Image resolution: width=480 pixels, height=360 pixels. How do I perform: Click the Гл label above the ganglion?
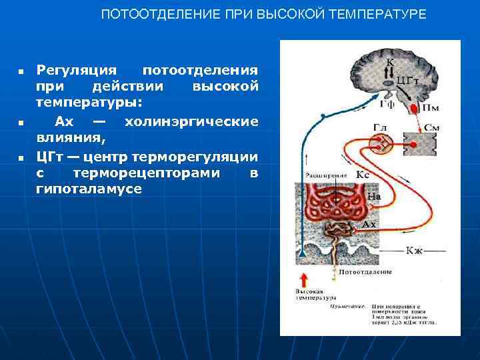coord(380,127)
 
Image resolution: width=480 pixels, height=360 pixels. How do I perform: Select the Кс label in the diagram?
coord(363,174)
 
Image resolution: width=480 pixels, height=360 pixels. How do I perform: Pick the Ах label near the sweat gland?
coord(369,225)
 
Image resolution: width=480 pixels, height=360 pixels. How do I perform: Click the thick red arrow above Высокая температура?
coord(303,279)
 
